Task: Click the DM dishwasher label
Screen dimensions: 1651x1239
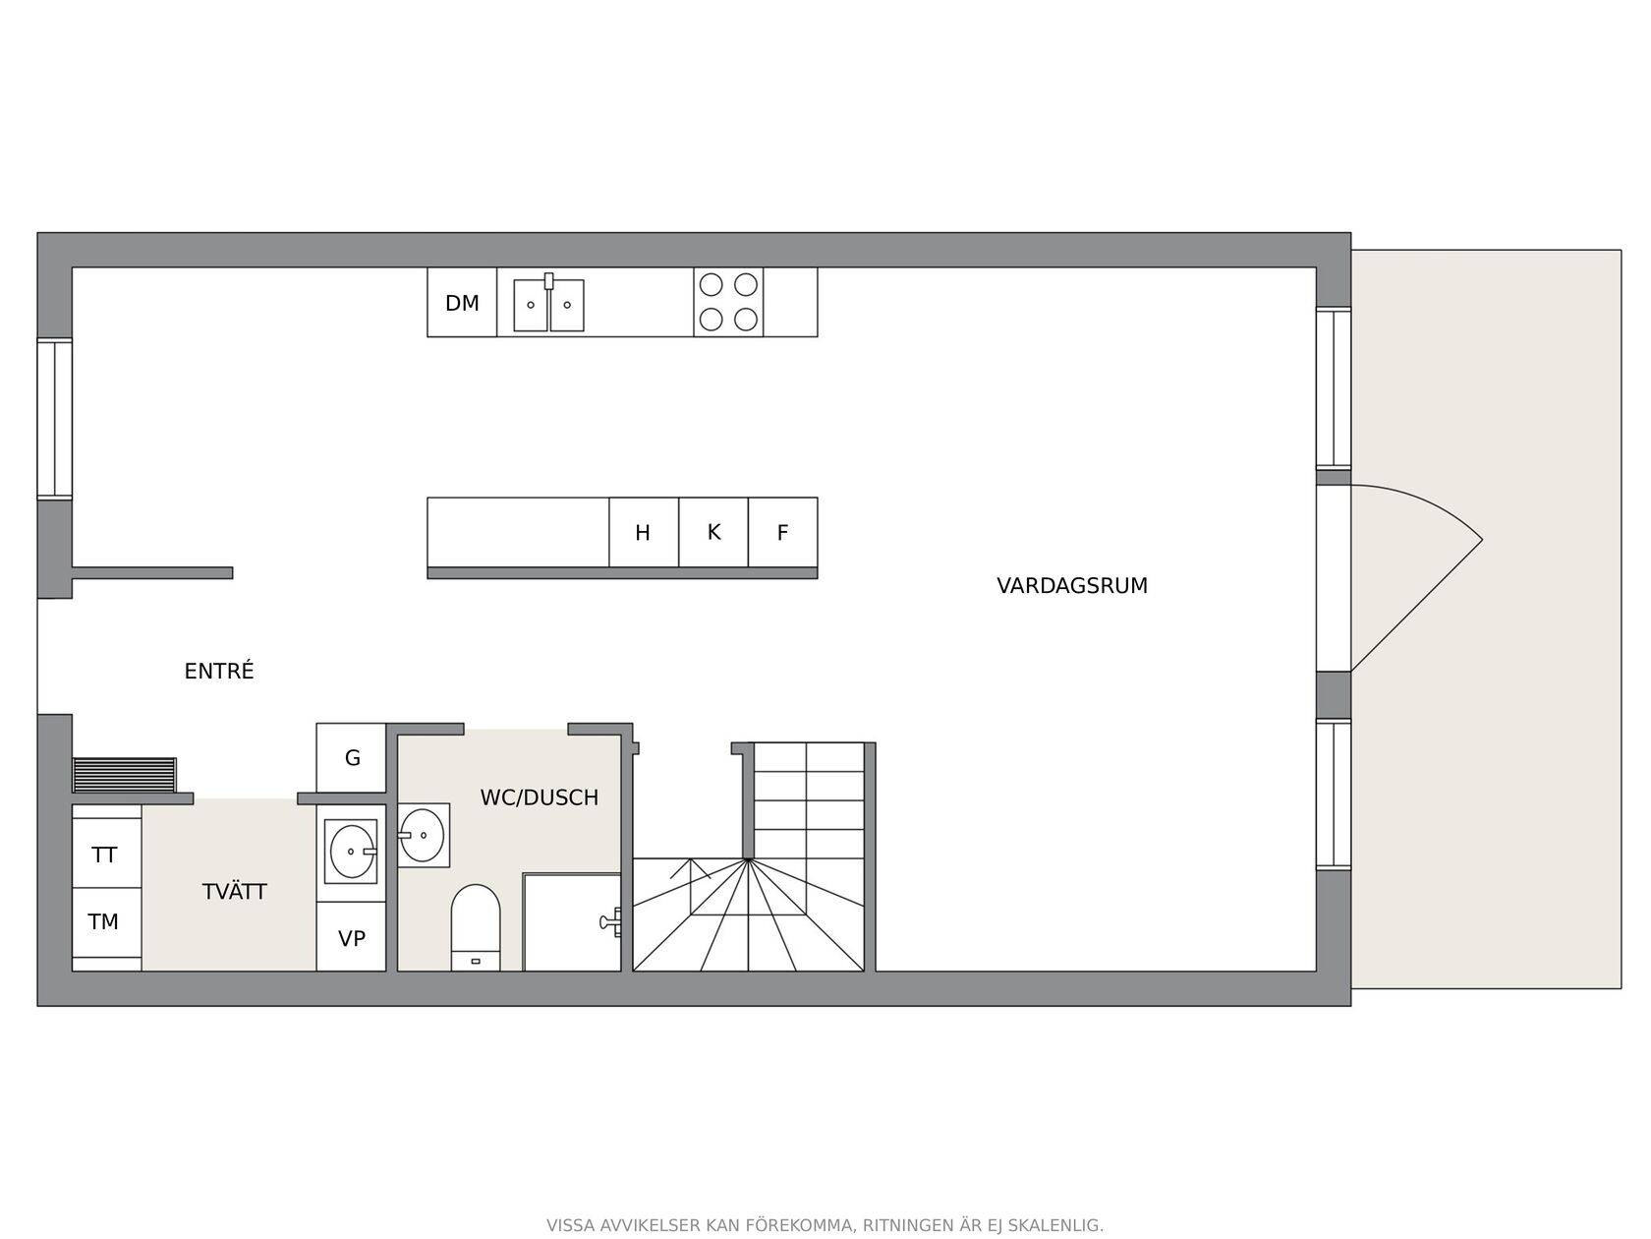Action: point(462,303)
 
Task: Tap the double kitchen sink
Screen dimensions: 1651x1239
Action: point(548,303)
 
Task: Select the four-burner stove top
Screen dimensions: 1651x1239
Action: point(728,303)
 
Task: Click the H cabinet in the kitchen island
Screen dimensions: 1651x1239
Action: point(643,533)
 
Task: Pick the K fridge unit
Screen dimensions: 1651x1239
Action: point(713,533)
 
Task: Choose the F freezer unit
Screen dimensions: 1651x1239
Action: point(783,533)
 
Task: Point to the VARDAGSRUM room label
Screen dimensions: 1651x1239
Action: point(1072,586)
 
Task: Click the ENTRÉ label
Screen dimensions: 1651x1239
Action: point(219,671)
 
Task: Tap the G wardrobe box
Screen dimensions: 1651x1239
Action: point(351,757)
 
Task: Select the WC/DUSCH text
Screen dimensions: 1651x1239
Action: point(540,797)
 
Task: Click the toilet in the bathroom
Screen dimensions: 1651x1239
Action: point(476,927)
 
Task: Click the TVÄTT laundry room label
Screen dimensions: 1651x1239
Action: point(235,892)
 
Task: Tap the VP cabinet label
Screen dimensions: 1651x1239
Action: point(351,939)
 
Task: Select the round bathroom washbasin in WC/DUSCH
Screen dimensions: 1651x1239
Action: point(424,835)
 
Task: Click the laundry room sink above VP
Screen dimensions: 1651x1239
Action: point(351,852)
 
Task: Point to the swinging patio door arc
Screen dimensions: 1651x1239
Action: point(1428,502)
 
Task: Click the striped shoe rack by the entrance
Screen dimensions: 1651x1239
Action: point(124,775)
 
